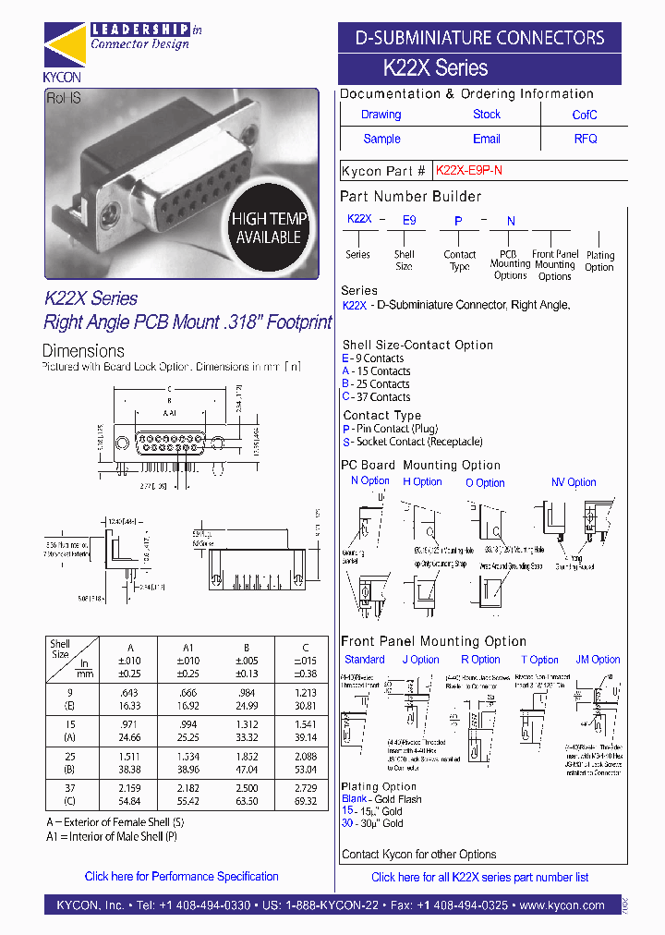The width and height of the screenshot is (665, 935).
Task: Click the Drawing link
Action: pyautogui.click(x=381, y=115)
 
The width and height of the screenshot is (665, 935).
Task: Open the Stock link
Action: pyautogui.click(x=487, y=115)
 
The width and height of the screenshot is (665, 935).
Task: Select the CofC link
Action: pyautogui.click(x=585, y=115)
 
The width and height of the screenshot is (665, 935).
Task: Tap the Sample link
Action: pyautogui.click(x=381, y=139)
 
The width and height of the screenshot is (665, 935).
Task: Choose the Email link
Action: pyautogui.click(x=487, y=139)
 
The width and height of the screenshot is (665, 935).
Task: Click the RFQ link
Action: pyautogui.click(x=586, y=139)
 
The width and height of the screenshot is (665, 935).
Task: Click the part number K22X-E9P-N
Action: pyautogui.click(x=468, y=171)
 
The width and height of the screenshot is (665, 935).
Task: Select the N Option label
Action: pyautogui.click(x=370, y=480)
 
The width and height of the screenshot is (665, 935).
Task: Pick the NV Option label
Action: pyautogui.click(x=574, y=482)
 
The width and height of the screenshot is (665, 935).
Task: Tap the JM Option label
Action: pyautogui.click(x=598, y=660)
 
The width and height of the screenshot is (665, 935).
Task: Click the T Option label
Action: pyautogui.click(x=539, y=660)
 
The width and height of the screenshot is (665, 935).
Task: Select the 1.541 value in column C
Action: pyautogui.click(x=305, y=724)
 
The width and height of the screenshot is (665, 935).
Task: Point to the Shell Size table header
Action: pyautogui.click(x=61, y=649)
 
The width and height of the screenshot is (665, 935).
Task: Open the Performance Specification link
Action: pyautogui.click(x=181, y=876)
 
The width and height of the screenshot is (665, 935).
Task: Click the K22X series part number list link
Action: pyautogui.click(x=479, y=877)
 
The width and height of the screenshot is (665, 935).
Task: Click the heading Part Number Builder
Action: pyautogui.click(x=410, y=197)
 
